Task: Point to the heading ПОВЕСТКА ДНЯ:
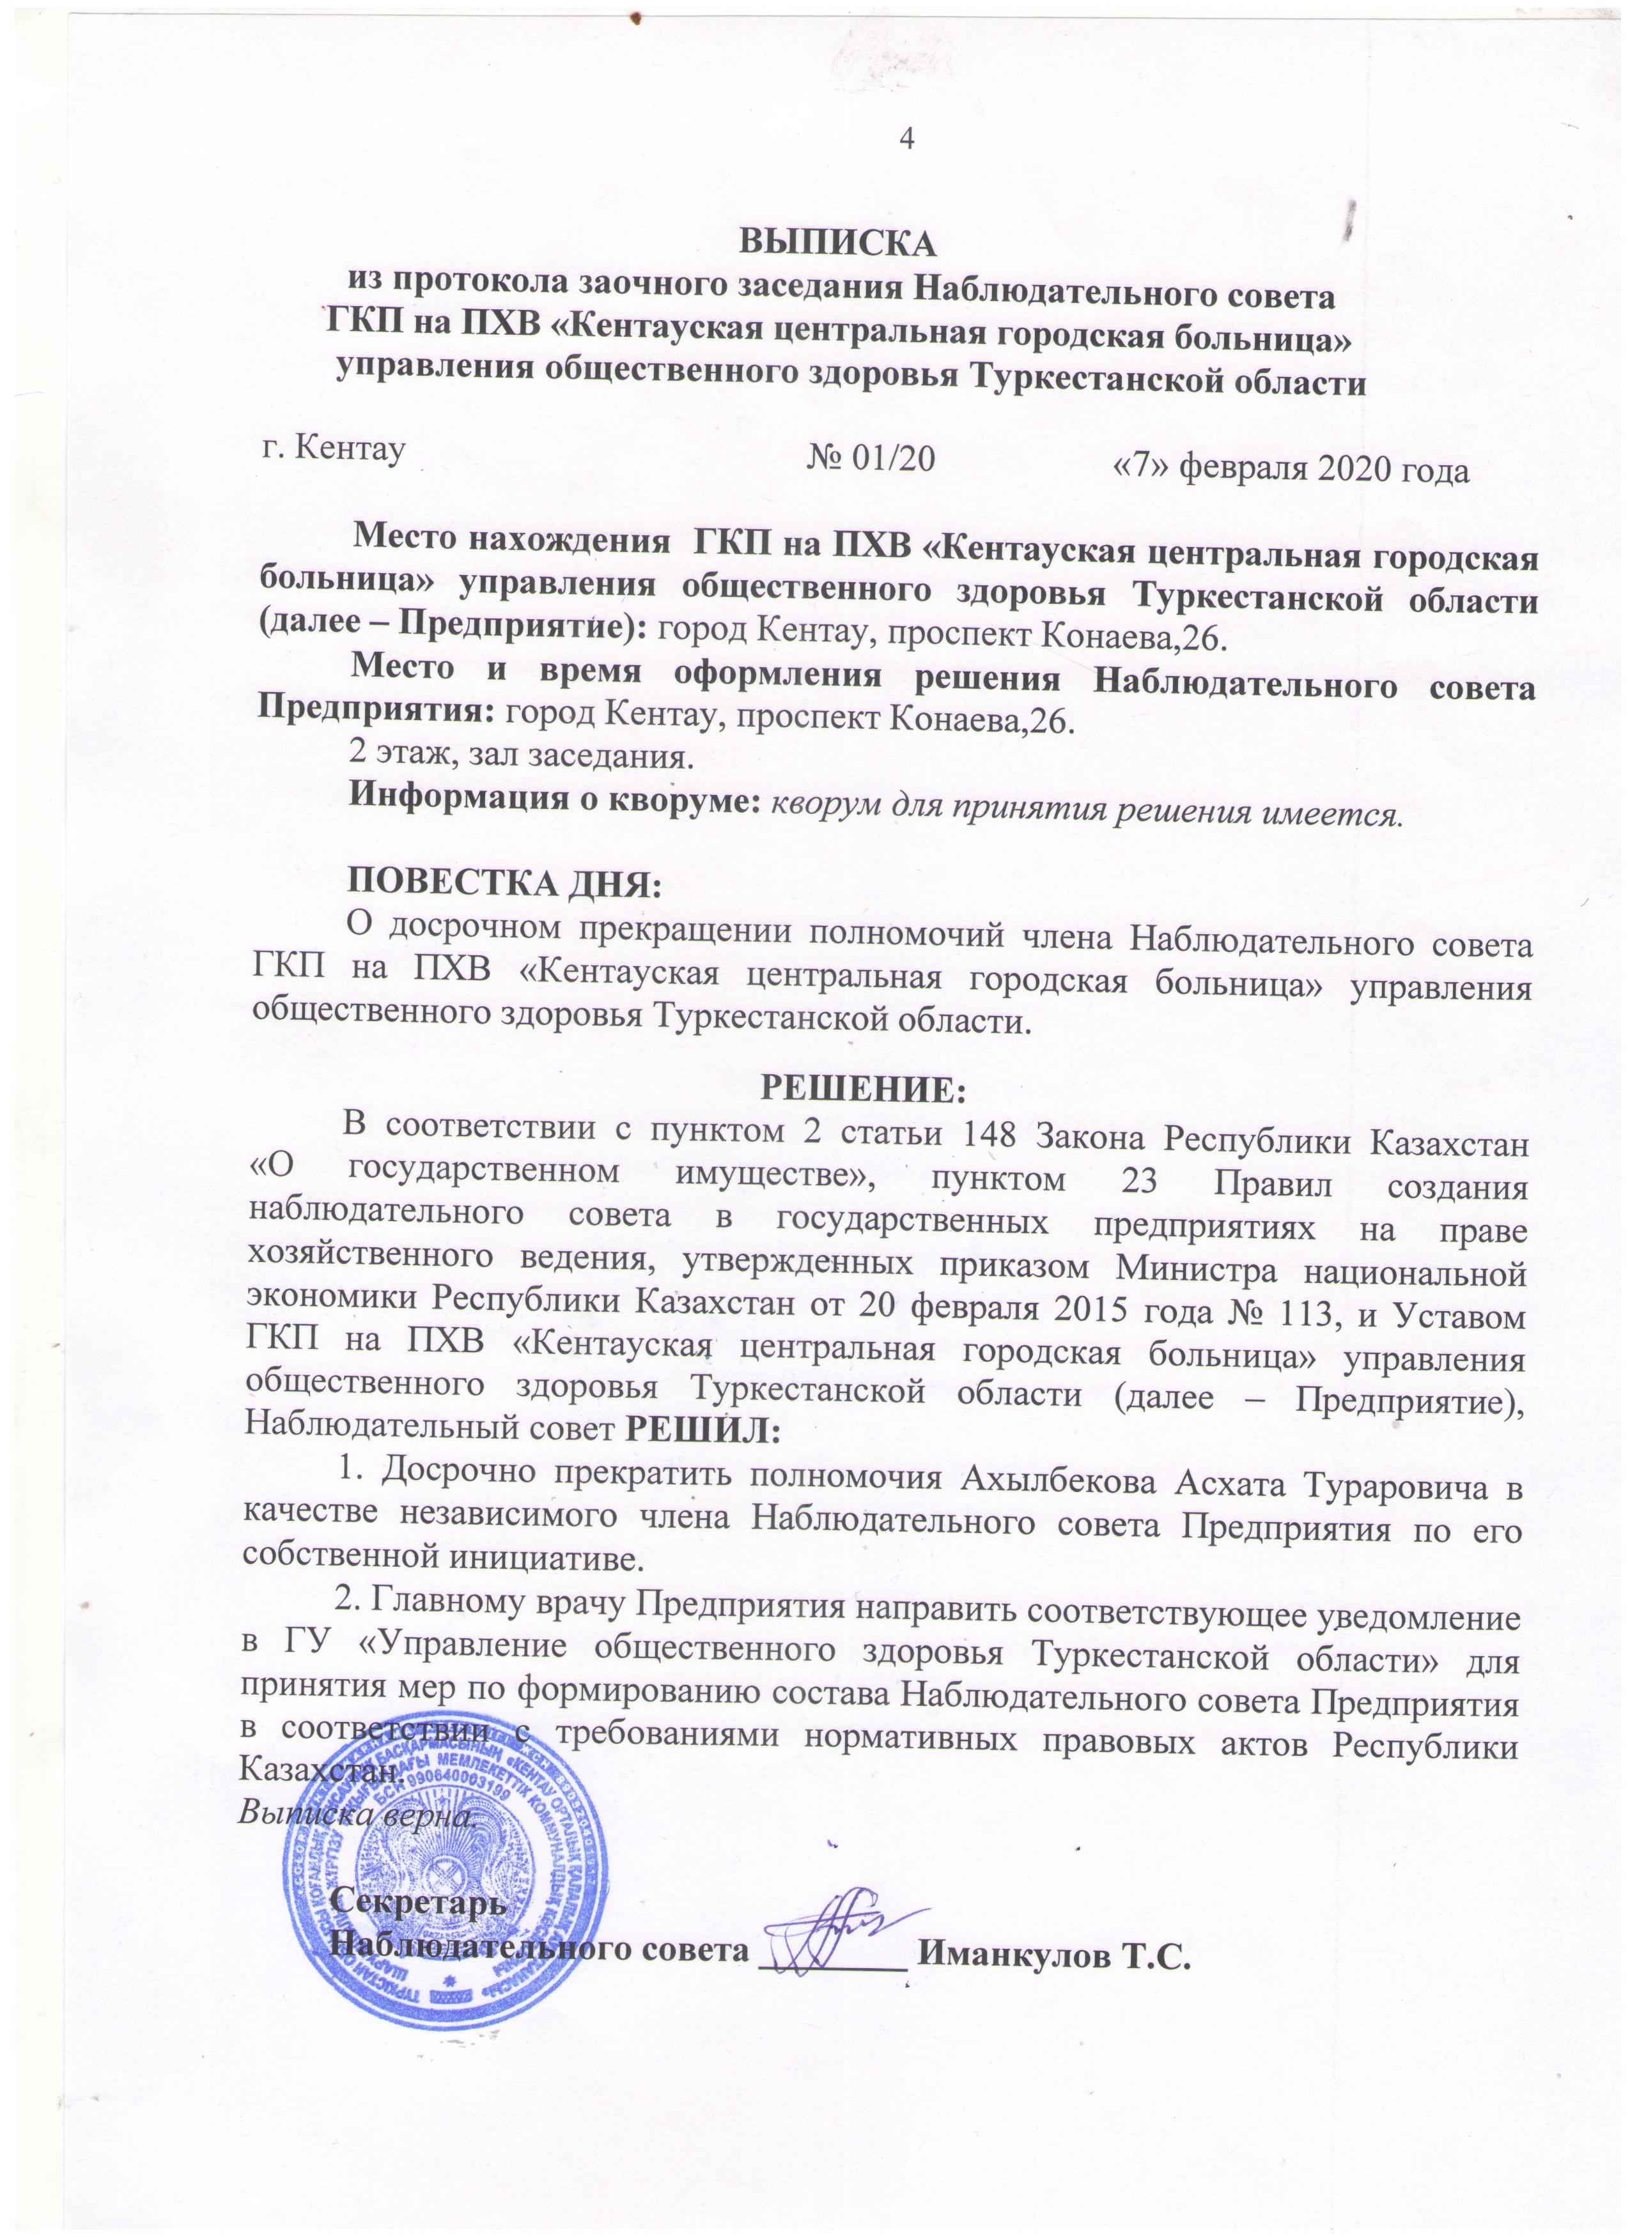click(x=507, y=880)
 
